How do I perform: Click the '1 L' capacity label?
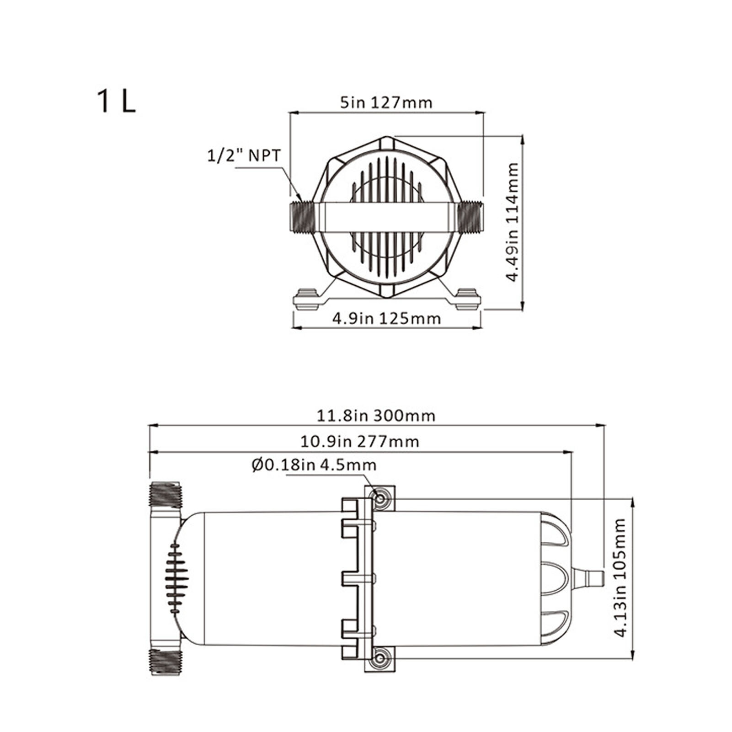point(116,102)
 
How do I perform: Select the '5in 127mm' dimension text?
point(386,102)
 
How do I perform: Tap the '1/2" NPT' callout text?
point(244,155)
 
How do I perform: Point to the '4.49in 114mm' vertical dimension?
point(513,222)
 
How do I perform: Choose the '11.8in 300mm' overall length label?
point(376,416)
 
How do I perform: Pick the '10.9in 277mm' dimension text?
point(359,441)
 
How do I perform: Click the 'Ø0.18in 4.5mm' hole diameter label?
point(314,465)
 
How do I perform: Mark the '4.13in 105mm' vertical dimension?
point(620,577)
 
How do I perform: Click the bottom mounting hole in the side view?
point(380,659)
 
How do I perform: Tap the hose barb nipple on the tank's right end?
point(590,577)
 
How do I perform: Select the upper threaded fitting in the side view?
point(166,495)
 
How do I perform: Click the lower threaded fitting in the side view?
point(166,662)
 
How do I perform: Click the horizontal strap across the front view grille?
point(386,217)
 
